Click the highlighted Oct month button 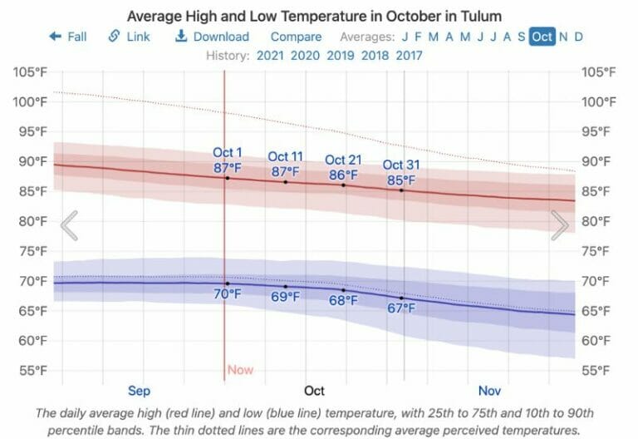click(x=542, y=37)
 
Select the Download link click(x=212, y=37)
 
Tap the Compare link click(x=296, y=37)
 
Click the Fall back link click(x=68, y=37)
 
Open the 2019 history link click(x=340, y=56)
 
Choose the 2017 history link click(x=409, y=56)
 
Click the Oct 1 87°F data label click(x=228, y=160)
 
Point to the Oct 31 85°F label click(x=402, y=172)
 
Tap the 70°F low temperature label click(x=228, y=293)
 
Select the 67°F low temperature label click(x=401, y=308)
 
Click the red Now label click(x=240, y=370)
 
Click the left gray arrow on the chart click(x=70, y=224)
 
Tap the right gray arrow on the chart click(x=560, y=224)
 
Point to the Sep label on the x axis click(x=139, y=390)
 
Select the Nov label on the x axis click(x=490, y=390)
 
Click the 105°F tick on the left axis click(x=30, y=72)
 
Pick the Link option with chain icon click(x=130, y=37)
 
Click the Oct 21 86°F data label click(x=342, y=168)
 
